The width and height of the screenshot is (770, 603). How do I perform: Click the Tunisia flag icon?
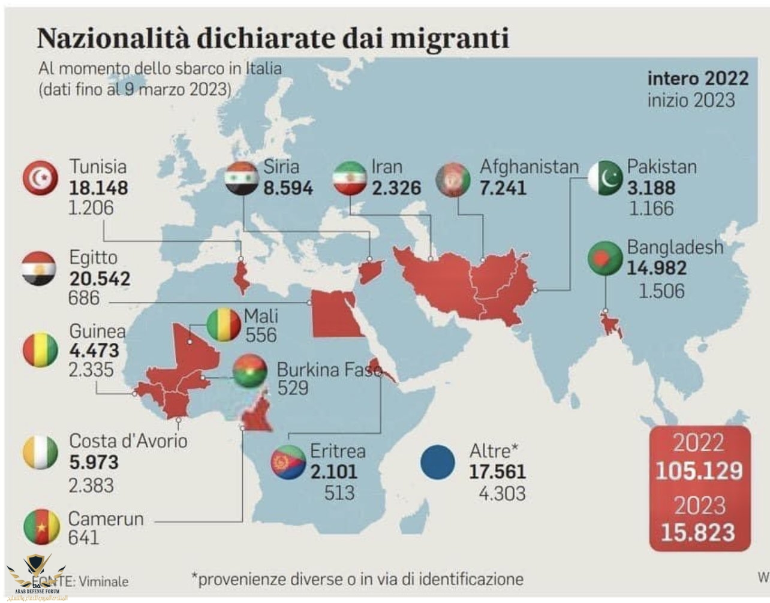(x=40, y=177)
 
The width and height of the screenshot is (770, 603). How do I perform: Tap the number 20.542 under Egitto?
(x=100, y=279)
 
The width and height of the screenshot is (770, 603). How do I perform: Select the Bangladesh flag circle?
(x=606, y=258)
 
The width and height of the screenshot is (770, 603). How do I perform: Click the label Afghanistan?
(x=529, y=167)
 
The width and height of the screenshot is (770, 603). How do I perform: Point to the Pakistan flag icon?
(x=606, y=178)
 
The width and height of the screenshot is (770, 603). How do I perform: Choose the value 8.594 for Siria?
(x=288, y=188)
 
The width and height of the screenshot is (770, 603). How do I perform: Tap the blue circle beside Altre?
(x=438, y=463)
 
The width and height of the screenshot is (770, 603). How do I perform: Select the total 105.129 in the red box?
(x=699, y=471)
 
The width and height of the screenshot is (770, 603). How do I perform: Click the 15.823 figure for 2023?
(x=698, y=532)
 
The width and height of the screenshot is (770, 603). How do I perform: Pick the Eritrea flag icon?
(x=288, y=463)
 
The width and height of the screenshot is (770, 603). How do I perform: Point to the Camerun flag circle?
(x=41, y=527)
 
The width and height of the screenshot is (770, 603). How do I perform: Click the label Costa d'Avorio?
(x=128, y=441)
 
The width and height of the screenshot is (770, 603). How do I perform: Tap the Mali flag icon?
(x=224, y=324)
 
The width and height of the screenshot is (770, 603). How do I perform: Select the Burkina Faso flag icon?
(x=250, y=372)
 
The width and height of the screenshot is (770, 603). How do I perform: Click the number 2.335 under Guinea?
(x=91, y=370)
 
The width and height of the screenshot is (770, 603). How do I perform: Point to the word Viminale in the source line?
(x=103, y=581)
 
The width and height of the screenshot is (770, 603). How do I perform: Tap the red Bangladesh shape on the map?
(x=611, y=324)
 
